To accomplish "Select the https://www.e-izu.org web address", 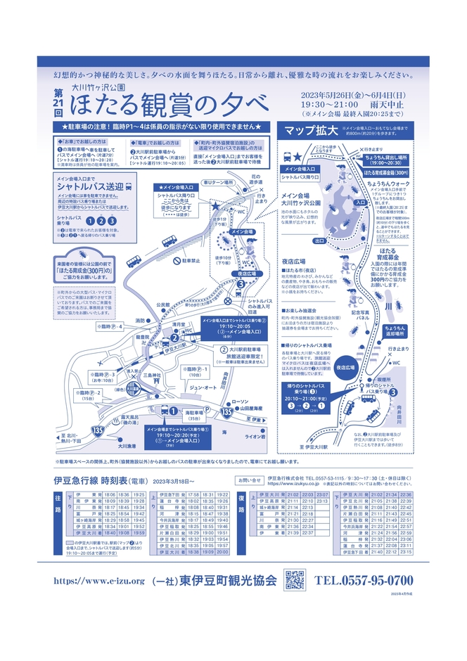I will [x=98, y=581].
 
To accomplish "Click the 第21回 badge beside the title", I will [x=58, y=102].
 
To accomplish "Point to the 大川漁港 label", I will [x=127, y=445].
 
